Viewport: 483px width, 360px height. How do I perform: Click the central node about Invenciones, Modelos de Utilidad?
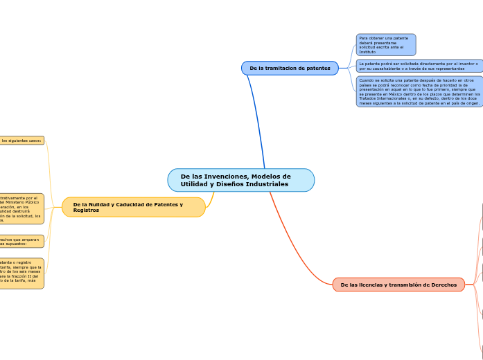[240, 180]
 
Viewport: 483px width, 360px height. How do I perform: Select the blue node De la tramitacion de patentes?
[290, 68]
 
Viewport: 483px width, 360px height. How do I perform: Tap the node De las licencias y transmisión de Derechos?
[398, 285]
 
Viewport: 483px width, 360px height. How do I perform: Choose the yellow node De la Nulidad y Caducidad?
[134, 207]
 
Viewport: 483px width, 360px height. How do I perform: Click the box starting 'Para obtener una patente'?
[385, 45]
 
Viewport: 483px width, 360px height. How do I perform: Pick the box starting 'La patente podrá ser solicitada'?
[419, 66]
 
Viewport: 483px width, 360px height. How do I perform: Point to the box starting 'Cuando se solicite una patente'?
[419, 91]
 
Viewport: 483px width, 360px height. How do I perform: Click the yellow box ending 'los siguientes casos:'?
[22, 141]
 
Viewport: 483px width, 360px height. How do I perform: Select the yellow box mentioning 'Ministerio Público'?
[21, 209]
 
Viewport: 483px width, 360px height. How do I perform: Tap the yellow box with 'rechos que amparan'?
[21, 241]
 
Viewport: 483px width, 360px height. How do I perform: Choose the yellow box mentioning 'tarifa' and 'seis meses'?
[21, 273]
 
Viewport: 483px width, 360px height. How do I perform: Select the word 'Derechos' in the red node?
[441, 285]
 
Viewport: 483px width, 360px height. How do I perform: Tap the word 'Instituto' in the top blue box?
[367, 52]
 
